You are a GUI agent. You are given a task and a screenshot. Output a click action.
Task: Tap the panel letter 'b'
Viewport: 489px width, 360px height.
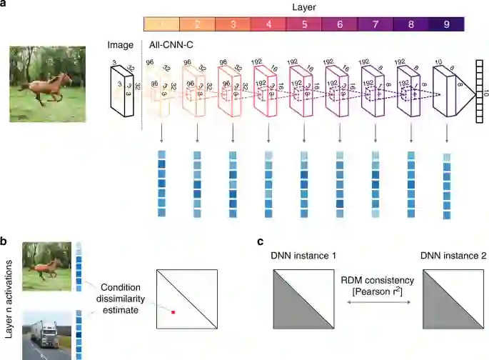[x=5, y=242]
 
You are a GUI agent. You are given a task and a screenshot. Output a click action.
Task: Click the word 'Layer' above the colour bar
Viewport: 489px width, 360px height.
[x=304, y=6]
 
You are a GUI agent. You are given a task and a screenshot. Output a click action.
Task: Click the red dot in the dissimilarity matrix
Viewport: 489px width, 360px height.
[x=173, y=311]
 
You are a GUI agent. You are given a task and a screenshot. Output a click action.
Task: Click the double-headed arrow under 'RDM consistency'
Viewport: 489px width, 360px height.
[x=378, y=304]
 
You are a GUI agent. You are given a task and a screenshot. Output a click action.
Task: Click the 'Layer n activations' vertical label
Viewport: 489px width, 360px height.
[x=9, y=300]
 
